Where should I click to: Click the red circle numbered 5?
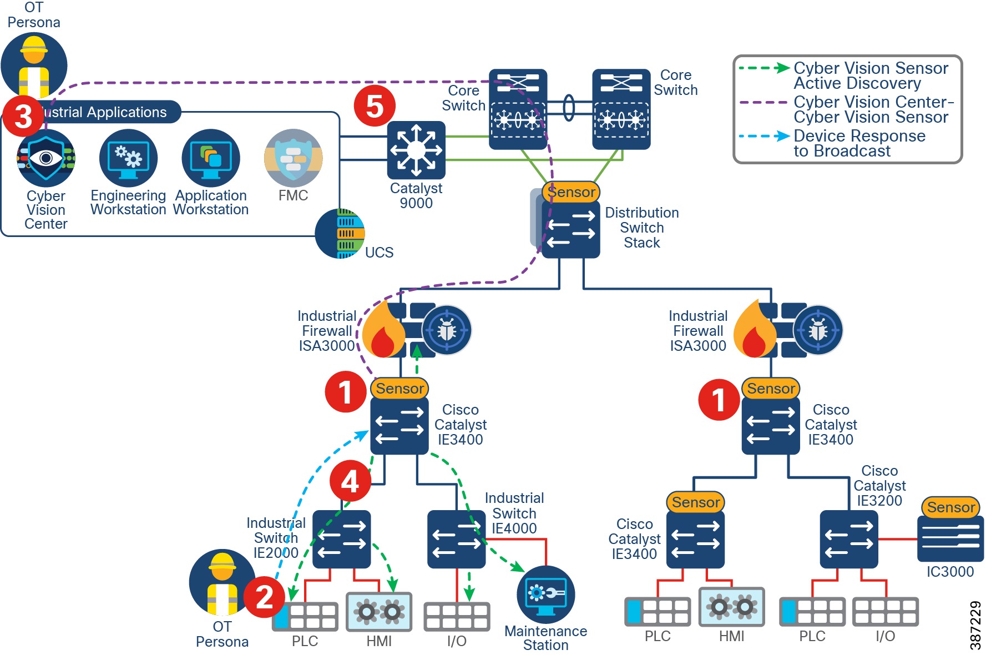pos(375,105)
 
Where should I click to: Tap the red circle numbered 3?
pos(23,116)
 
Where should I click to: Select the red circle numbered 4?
pos(350,481)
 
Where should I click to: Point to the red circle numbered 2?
pos(264,597)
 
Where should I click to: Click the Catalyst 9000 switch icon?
pos(416,149)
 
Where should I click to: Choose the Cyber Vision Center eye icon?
pos(46,158)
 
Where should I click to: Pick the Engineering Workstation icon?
pos(128,158)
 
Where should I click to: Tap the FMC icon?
pos(293,158)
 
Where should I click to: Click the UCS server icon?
pos(340,234)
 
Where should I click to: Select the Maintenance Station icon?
pos(546,594)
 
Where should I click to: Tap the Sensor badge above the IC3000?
pos(950,507)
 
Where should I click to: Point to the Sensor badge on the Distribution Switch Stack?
pos(571,192)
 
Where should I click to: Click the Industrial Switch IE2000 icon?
pos(341,539)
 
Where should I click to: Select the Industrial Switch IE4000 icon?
pos(456,539)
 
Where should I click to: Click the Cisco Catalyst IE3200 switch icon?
pos(848,539)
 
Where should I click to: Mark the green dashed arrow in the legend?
pos(763,68)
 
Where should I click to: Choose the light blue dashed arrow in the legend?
pos(763,136)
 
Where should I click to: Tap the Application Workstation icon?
pos(211,158)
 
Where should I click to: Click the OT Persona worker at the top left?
pos(34,65)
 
